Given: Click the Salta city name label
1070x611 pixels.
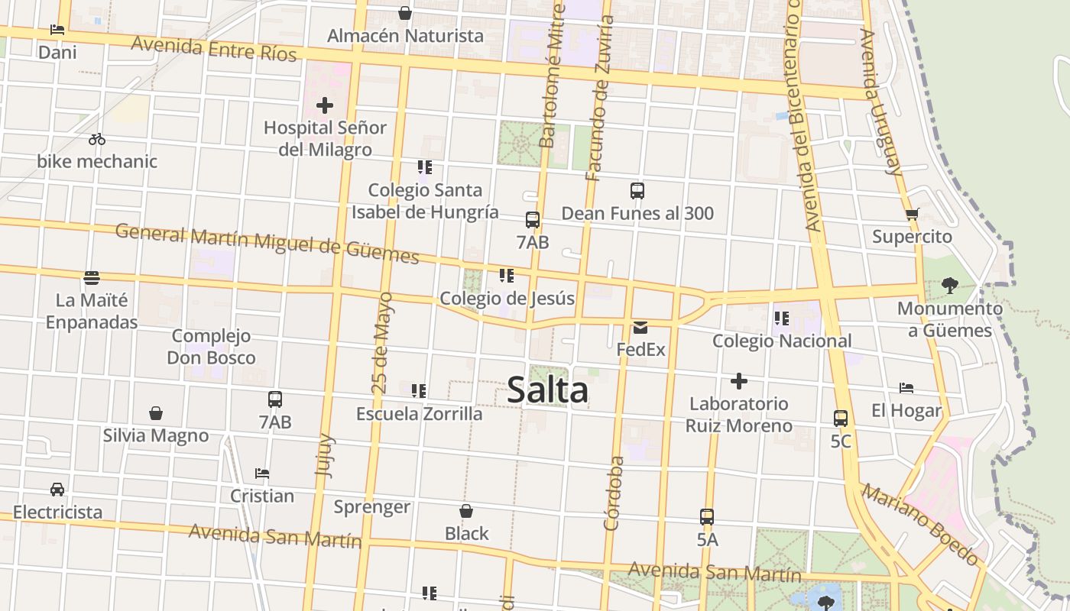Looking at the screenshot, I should pyautogui.click(x=547, y=390).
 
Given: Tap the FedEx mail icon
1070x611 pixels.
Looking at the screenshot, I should pyautogui.click(x=640, y=328).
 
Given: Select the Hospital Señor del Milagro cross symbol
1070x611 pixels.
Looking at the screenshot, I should pyautogui.click(x=325, y=105).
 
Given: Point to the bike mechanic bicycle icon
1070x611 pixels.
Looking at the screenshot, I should pyautogui.click(x=97, y=139).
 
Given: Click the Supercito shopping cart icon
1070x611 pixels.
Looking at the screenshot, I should pyautogui.click(x=912, y=215).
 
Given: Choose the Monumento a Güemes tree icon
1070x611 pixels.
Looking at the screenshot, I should pyautogui.click(x=950, y=286).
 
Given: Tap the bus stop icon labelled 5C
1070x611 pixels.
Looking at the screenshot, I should pyautogui.click(x=841, y=419).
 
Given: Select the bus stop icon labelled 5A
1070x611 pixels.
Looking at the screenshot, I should pyautogui.click(x=707, y=517).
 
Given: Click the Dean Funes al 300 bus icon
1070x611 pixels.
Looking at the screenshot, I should pyautogui.click(x=637, y=191).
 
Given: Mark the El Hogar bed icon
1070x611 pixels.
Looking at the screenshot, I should pyautogui.click(x=906, y=388).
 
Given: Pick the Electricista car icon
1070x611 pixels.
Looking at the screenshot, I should pyautogui.click(x=57, y=490).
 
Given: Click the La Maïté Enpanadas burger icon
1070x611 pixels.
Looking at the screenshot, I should pyautogui.click(x=92, y=277).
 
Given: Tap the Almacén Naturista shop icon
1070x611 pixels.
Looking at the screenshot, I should pyautogui.click(x=405, y=13).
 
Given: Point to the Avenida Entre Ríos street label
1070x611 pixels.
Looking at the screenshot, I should pyautogui.click(x=214, y=48).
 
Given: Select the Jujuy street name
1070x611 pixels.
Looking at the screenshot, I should pyautogui.click(x=324, y=456).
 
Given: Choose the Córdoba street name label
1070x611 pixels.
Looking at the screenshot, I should pyautogui.click(x=613, y=493).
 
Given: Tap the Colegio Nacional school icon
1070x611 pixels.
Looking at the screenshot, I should pyautogui.click(x=781, y=318).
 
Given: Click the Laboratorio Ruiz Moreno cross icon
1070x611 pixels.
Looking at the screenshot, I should pyautogui.click(x=738, y=380).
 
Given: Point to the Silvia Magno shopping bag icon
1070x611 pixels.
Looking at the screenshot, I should pyautogui.click(x=156, y=413).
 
